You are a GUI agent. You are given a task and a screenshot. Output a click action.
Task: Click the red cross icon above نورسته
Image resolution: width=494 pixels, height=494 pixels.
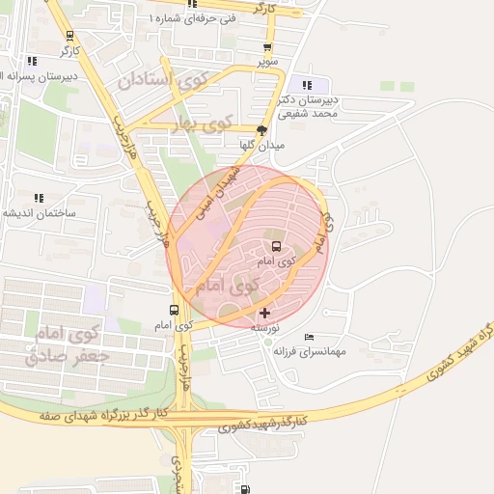point(265,313)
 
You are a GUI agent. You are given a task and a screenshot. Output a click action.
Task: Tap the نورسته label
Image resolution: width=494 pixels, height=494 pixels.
point(265,328)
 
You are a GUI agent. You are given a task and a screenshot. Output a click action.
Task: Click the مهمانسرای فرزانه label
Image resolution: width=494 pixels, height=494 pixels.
point(310,352)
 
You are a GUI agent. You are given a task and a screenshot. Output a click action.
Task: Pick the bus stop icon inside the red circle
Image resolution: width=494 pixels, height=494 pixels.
point(276,246)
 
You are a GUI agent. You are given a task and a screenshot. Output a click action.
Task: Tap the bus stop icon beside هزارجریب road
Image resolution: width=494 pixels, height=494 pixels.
point(174,310)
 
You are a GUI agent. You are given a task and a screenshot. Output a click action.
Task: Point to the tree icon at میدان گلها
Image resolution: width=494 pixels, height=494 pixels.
point(261,129)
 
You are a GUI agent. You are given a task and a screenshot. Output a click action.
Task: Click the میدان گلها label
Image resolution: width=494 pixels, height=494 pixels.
point(261,145)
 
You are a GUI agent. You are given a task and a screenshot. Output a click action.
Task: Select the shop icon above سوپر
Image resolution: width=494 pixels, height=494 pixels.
point(267,47)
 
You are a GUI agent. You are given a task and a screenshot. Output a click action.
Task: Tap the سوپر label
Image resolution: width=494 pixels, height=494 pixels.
point(267,62)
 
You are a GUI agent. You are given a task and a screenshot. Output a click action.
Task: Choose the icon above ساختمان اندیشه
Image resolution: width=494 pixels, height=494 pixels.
point(39,198)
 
